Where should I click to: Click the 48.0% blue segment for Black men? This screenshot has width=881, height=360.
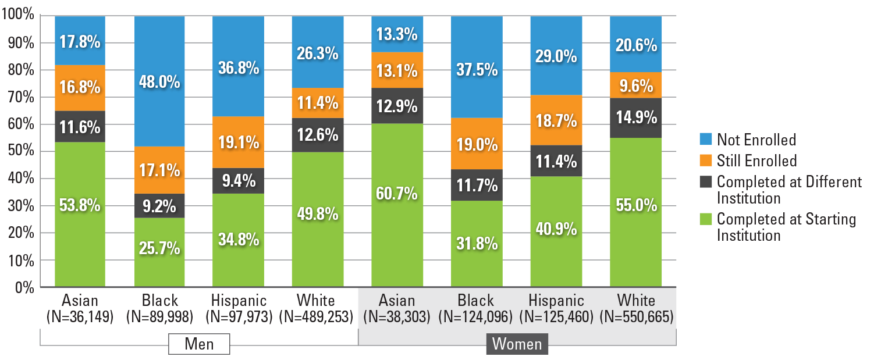coord(159,81)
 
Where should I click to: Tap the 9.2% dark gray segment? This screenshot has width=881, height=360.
coord(159,205)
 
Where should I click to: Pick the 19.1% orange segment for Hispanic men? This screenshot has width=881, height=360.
coord(238,142)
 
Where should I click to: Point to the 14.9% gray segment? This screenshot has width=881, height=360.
coord(635,117)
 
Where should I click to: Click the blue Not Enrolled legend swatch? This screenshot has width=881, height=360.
coord(705,140)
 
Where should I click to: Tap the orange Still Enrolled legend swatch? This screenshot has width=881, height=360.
coord(705,160)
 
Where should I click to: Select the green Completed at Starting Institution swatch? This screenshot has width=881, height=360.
coord(705,220)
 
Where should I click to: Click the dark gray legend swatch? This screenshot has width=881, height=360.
coord(705,181)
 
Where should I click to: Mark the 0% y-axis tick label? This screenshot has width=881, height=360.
coord(25,287)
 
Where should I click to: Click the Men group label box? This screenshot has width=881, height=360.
coord(199,344)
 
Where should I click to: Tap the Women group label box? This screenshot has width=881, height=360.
coord(517,344)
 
